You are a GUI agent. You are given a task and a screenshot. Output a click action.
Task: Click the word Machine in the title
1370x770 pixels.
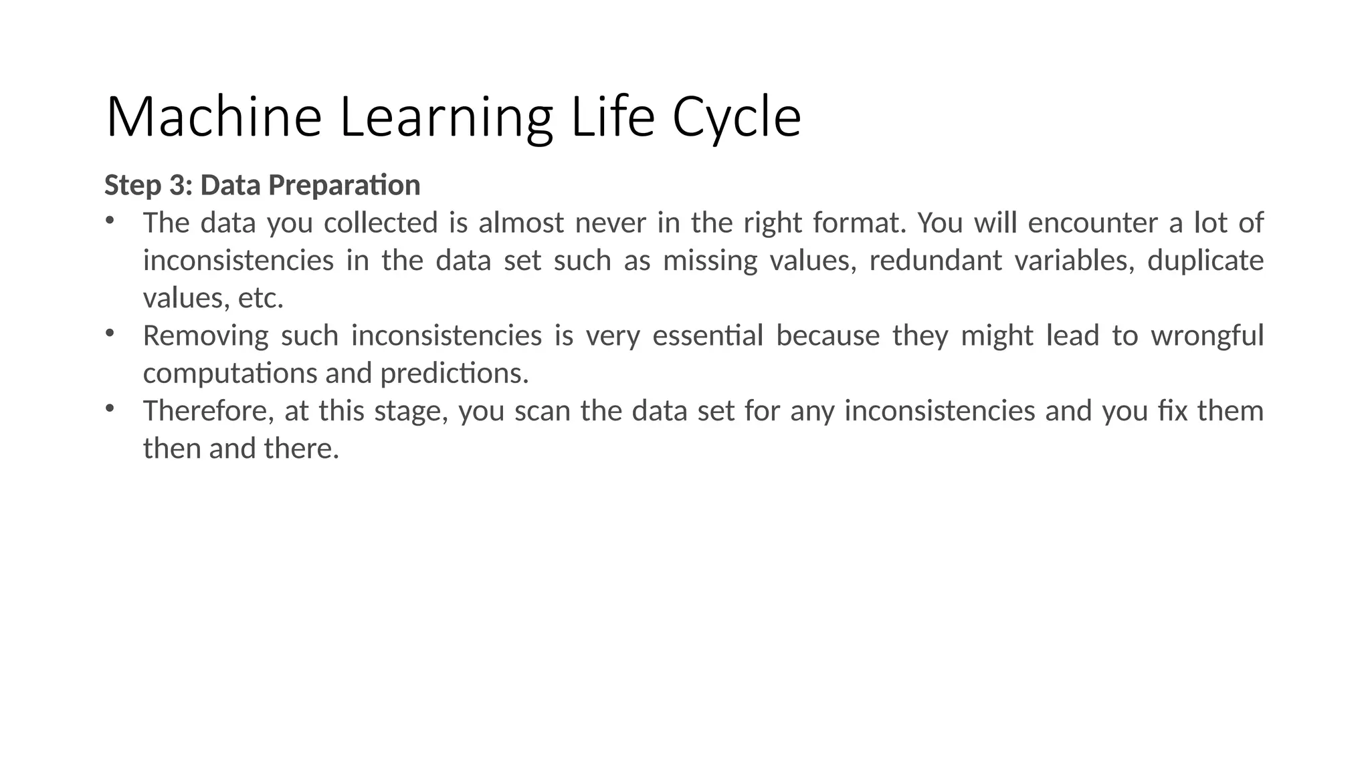pyautogui.click(x=213, y=118)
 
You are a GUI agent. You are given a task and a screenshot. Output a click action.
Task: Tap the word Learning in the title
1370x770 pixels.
pyautogui.click(x=446, y=118)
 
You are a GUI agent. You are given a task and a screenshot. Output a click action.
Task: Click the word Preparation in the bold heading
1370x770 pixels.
pyautogui.click(x=344, y=185)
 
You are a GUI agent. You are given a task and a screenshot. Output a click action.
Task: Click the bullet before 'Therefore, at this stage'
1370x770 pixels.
pyautogui.click(x=110, y=408)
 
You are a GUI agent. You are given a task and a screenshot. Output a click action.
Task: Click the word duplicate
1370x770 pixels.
pyautogui.click(x=1205, y=260)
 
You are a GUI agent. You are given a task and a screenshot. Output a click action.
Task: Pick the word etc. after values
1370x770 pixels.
pyautogui.click(x=261, y=298)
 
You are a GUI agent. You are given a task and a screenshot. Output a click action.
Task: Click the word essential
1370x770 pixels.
pyautogui.click(x=708, y=336)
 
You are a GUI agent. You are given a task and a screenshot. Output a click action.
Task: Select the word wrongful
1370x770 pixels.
pyautogui.click(x=1207, y=336)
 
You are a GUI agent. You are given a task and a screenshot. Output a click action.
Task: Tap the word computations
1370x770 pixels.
pyautogui.click(x=231, y=373)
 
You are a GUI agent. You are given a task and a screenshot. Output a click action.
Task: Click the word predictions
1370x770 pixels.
pyautogui.click(x=454, y=373)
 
